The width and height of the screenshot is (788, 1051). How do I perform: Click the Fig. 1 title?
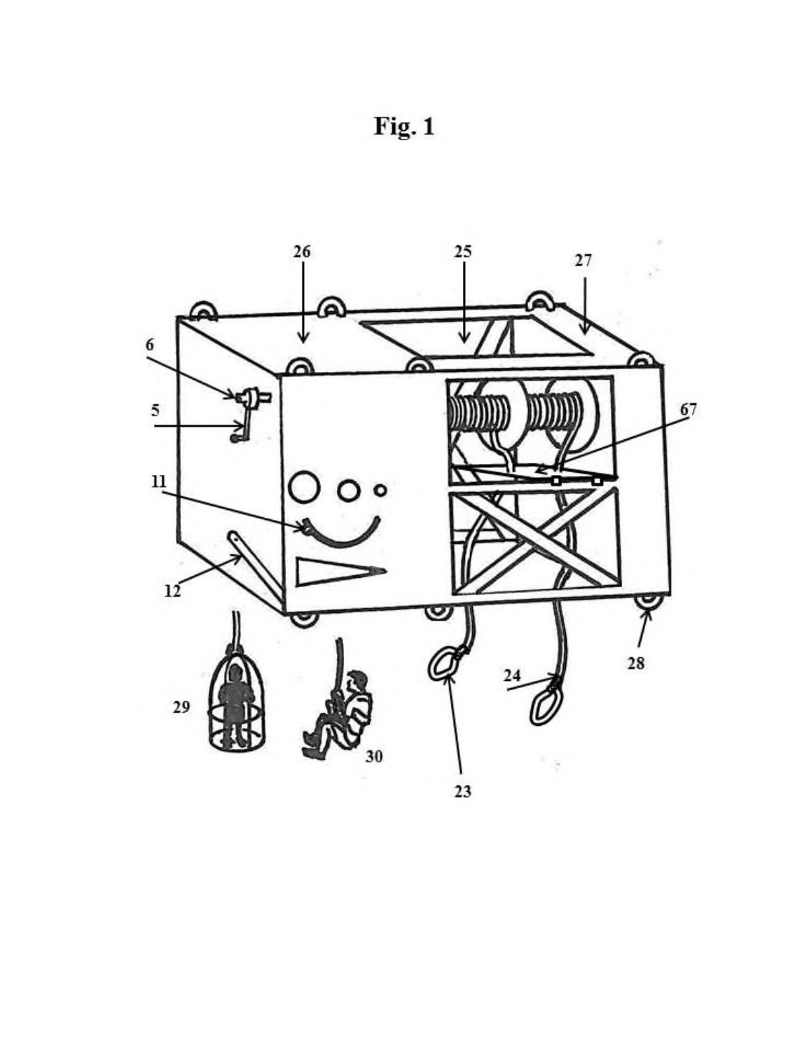click(404, 127)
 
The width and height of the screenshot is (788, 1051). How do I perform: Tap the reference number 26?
click(302, 252)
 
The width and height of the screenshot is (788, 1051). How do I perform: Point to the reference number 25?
click(463, 252)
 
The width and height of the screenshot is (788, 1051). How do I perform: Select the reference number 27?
click(583, 261)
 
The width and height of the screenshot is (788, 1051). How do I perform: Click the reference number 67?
click(689, 409)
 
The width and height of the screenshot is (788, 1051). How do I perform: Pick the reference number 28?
click(635, 664)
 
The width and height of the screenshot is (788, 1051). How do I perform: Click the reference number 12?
click(173, 591)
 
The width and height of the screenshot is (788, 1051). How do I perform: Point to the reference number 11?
click(158, 481)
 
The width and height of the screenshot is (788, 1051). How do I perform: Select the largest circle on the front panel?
click(304, 487)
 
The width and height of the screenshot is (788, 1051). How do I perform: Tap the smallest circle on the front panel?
click(381, 490)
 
